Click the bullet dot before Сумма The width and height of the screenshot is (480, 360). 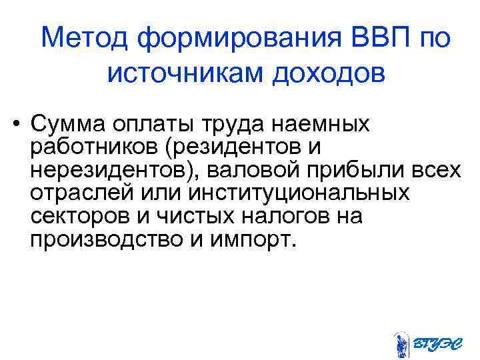pyautogui.click(x=13, y=125)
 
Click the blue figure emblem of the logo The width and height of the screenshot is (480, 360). pyautogui.click(x=401, y=345)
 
